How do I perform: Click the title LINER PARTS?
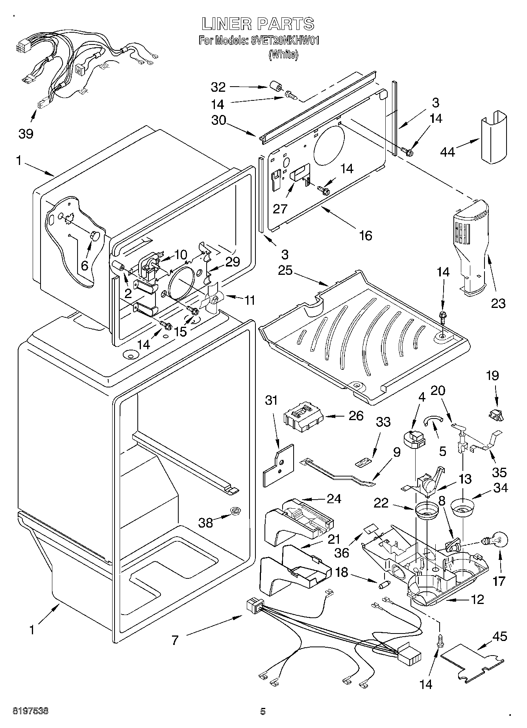(x=258, y=24)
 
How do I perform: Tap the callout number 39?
(x=26, y=133)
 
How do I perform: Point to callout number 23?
(x=498, y=303)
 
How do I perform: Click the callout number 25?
(x=285, y=270)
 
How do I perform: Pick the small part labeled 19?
(x=496, y=414)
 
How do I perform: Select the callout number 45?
(x=500, y=636)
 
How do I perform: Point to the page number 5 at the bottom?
(x=263, y=711)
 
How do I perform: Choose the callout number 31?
(x=271, y=400)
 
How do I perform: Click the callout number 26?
(x=356, y=416)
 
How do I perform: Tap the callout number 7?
(x=175, y=640)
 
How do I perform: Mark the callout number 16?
(x=366, y=235)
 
